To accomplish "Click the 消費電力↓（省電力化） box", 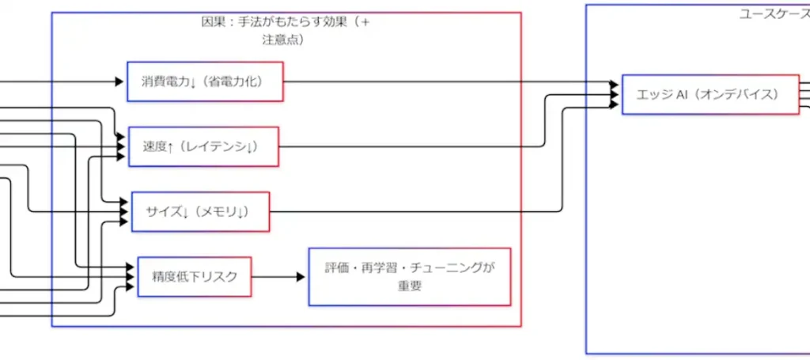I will click(x=205, y=81).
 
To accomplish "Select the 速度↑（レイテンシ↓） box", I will click(x=203, y=146).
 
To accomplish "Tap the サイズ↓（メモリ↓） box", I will click(x=200, y=211).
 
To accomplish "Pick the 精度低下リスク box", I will click(x=195, y=276).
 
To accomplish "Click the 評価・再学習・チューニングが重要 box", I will click(x=409, y=276).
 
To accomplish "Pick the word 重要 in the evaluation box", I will click(x=409, y=286).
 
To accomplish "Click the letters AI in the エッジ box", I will click(x=679, y=94).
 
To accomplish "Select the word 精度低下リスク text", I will click(x=195, y=276).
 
